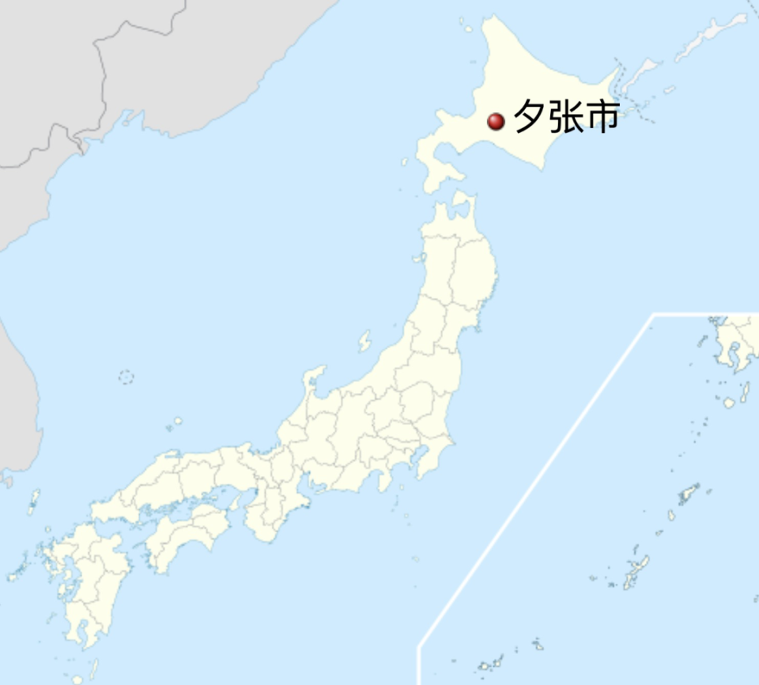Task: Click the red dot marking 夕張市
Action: click(496, 121)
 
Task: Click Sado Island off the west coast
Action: click(364, 341)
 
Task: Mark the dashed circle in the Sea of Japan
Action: click(126, 377)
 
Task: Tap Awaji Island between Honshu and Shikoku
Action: click(235, 501)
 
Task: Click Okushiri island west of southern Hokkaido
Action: click(404, 162)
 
